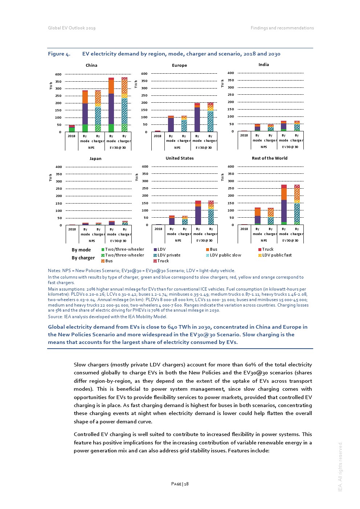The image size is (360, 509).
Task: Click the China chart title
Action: (91, 65)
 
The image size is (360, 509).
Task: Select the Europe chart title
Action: (179, 65)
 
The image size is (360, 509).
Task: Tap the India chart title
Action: (264, 65)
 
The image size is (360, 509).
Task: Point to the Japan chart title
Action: (95, 159)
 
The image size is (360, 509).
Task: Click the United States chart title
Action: (180, 158)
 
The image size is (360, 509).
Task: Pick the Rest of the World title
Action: (270, 158)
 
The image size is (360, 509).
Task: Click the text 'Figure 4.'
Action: (59, 54)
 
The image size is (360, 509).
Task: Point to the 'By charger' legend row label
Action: (83, 258)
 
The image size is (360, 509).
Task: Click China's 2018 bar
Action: (72, 128)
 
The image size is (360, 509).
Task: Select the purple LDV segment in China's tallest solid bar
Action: (111, 109)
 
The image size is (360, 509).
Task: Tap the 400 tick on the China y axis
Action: (58, 74)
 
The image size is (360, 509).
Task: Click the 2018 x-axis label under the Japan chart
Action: (72, 229)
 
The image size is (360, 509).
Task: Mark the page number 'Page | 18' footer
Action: (180, 484)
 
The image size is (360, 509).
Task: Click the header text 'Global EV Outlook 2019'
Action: (72, 28)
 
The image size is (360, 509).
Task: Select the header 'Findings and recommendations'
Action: (282, 28)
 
